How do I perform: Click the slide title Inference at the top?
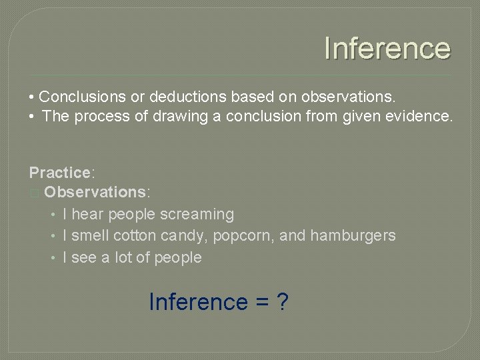[387, 49]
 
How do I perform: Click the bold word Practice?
[59, 173]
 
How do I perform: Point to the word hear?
[87, 214]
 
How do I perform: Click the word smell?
[90, 235]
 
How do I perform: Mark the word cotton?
[135, 235]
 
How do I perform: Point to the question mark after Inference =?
[282, 302]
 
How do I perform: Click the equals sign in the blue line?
[261, 303]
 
